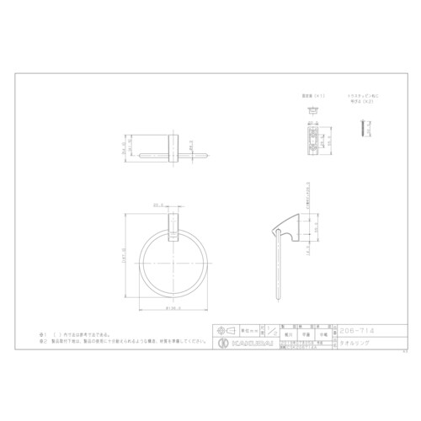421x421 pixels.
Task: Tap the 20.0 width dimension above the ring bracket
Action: tap(157, 205)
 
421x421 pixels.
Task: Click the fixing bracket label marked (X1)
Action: tap(312, 98)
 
